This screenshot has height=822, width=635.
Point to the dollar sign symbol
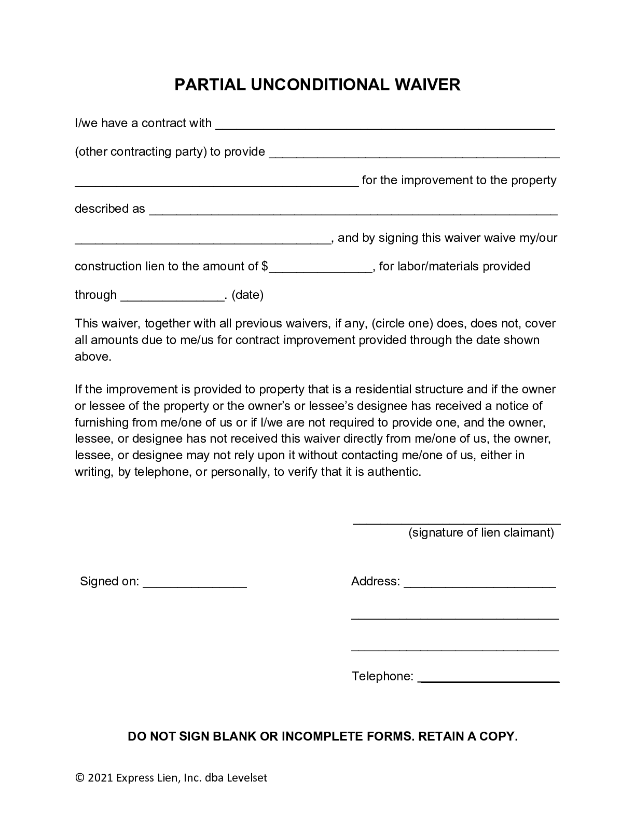click(265, 266)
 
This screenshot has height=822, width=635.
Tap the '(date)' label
click(247, 295)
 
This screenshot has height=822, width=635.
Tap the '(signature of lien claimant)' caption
click(481, 532)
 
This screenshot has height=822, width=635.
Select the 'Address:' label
click(375, 581)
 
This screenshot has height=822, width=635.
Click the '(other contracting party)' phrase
click(141, 152)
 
